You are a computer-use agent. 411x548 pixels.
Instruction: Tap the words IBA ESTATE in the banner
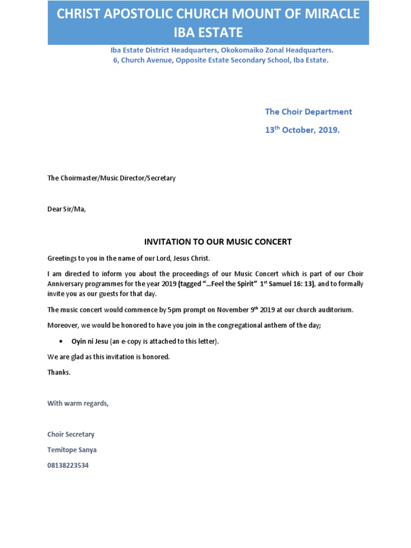coord(208,33)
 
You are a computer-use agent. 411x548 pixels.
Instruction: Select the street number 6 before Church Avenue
coord(115,60)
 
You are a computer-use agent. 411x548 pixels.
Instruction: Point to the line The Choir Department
coord(308,112)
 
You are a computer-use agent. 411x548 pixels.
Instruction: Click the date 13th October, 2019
coord(302,130)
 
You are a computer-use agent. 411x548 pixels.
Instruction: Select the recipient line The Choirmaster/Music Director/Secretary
coord(111,178)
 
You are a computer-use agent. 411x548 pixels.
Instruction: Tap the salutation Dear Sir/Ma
coord(66,209)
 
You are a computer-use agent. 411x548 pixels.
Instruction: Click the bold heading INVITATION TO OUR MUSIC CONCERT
coord(218,242)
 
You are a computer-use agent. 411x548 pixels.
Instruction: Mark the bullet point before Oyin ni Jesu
coord(61,341)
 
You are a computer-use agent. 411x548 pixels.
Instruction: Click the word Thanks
coord(58,372)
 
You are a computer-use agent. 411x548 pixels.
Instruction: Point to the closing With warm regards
coord(78,404)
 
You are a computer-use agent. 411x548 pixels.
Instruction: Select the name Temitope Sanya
coord(72,450)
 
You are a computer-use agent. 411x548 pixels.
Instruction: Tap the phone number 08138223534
coord(68,466)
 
